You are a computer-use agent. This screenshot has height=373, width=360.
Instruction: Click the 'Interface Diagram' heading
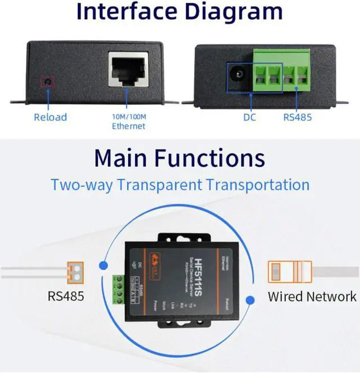point(179,12)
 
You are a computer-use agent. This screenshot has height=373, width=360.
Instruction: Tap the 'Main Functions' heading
point(179,157)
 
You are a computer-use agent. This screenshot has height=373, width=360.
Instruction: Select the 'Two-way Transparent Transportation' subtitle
point(179,185)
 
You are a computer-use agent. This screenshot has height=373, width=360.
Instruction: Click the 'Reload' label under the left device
point(50,117)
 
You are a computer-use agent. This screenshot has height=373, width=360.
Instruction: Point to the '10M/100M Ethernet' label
point(128,122)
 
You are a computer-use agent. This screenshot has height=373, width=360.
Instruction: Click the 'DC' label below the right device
point(250,118)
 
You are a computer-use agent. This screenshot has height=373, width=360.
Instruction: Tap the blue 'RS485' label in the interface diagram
point(297,118)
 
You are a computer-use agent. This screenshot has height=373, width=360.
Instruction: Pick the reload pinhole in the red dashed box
point(47,82)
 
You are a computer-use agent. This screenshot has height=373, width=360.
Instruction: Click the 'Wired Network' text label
point(312,296)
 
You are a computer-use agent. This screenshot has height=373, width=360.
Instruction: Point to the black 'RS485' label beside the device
point(66,295)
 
